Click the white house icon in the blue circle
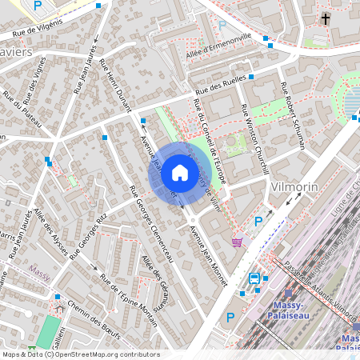(x=180, y=172)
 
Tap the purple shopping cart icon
(x=237, y=241)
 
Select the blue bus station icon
(x=254, y=279)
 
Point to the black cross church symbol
(x=326, y=18)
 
